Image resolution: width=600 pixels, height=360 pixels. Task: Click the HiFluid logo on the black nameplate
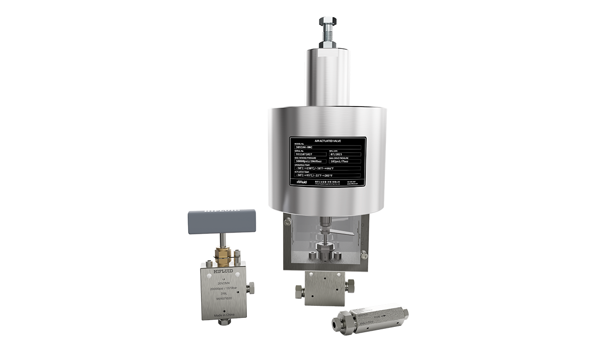pos(301,182)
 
